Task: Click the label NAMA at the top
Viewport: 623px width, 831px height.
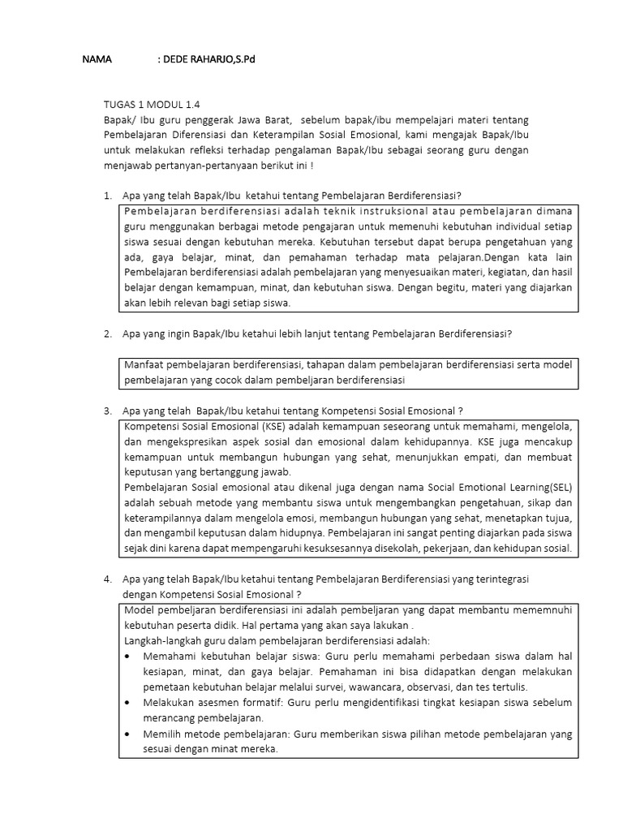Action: click(97, 61)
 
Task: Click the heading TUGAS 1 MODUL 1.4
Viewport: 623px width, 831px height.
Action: click(152, 105)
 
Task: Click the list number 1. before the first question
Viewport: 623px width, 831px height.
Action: click(108, 196)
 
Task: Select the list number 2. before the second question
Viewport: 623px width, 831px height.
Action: click(108, 334)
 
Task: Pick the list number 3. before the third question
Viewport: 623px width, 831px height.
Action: click(108, 411)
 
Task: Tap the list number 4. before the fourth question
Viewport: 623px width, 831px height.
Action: click(108, 580)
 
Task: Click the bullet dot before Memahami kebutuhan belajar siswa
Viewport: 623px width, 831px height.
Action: click(130, 657)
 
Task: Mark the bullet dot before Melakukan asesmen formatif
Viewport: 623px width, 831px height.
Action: click(130, 703)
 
